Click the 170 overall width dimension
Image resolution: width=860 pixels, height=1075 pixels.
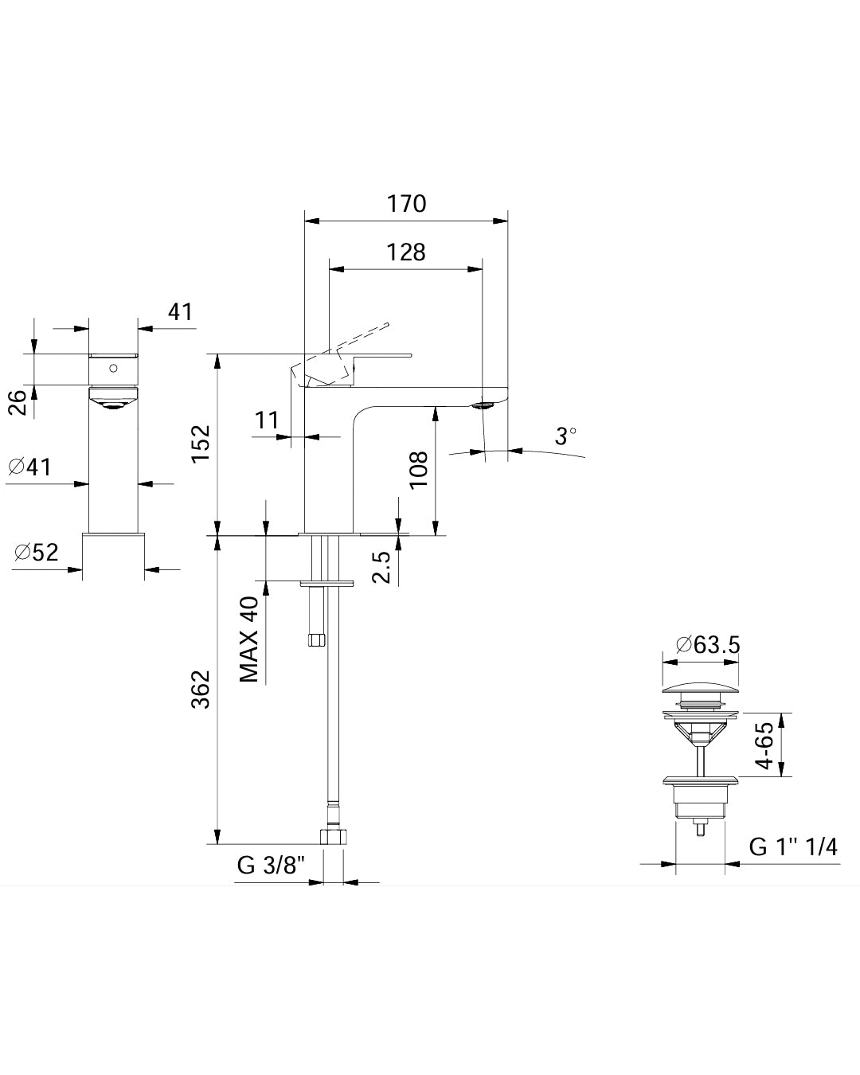pos(407,204)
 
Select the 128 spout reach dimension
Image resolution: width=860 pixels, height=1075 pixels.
pos(407,252)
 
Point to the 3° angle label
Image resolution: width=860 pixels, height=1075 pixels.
pos(566,436)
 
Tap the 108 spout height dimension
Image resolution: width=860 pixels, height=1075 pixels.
pos(419,470)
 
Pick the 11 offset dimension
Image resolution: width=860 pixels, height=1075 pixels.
pos(267,420)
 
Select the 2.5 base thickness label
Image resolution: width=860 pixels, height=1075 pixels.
pos(383,566)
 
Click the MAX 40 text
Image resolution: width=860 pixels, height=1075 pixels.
pos(250,639)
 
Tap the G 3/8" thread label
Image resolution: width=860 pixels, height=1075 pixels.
pos(272,866)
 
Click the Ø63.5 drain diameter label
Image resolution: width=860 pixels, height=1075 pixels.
pos(708,644)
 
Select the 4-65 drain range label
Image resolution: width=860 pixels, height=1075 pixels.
pos(764,745)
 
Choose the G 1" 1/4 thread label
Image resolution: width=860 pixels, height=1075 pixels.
pos(793,846)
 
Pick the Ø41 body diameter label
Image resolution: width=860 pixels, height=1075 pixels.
pos(30,467)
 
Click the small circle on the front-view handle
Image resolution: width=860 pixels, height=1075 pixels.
pos(113,369)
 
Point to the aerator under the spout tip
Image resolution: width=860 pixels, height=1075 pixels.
pos(483,406)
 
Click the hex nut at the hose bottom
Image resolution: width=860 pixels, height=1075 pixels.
pos(334,837)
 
